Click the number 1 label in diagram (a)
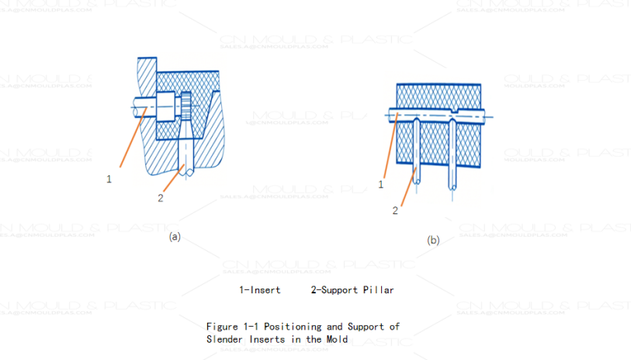pos(109,178)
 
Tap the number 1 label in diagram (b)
pos(381,184)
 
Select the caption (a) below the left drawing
pos(175,237)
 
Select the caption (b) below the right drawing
pos(433,241)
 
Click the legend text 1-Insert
pos(260,290)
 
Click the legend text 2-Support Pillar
pos(352,290)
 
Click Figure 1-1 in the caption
pos(230,327)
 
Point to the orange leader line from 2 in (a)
pos(172,180)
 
